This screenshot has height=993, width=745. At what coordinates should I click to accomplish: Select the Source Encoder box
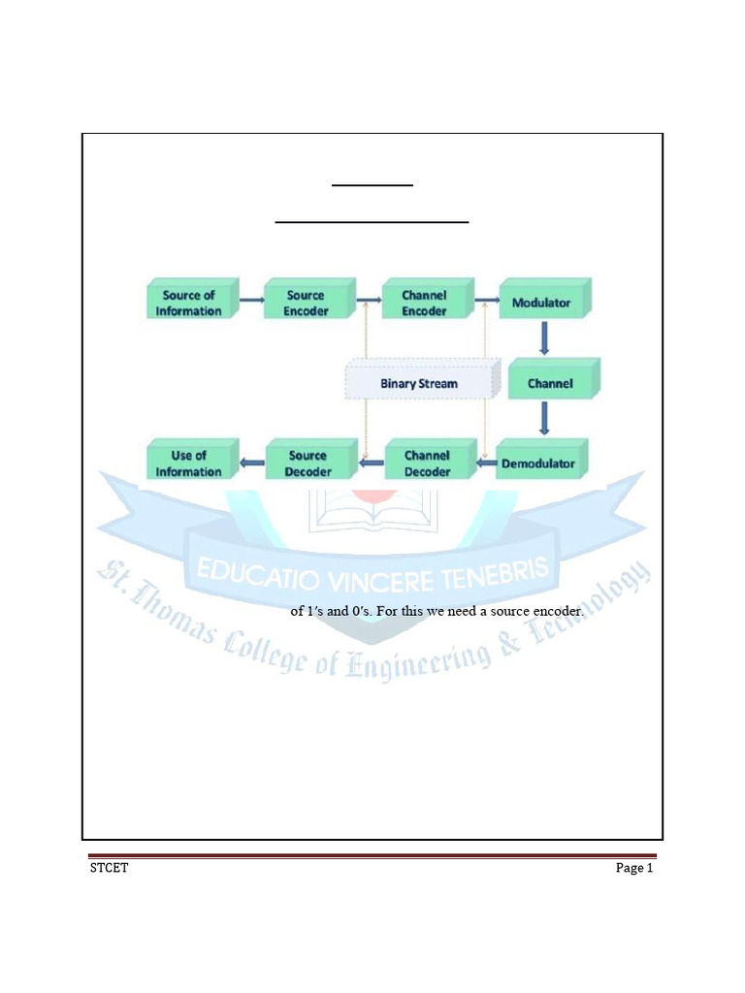click(307, 303)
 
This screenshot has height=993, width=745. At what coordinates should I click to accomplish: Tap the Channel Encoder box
click(424, 303)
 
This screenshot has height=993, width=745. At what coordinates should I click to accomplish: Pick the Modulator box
click(541, 303)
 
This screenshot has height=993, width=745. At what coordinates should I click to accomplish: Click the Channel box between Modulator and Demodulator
click(550, 383)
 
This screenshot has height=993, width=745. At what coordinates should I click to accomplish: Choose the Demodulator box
click(537, 464)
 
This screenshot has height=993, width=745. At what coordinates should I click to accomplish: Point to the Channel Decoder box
click(427, 464)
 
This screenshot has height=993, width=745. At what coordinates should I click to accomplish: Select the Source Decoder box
click(308, 464)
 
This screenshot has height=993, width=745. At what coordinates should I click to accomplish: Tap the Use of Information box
click(189, 464)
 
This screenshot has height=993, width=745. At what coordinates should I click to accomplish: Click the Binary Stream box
click(419, 383)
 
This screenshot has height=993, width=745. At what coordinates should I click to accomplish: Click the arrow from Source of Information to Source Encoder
click(251, 302)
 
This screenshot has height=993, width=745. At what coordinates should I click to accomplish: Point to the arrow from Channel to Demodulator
click(543, 418)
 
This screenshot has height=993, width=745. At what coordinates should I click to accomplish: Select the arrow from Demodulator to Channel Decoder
click(485, 464)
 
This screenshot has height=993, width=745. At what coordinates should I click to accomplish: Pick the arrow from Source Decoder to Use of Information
click(251, 464)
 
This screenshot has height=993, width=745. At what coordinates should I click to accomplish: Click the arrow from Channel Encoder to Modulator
click(485, 302)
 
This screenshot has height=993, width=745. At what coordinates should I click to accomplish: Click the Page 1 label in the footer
click(635, 868)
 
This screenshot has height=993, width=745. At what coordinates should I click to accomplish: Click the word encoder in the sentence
click(556, 612)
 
